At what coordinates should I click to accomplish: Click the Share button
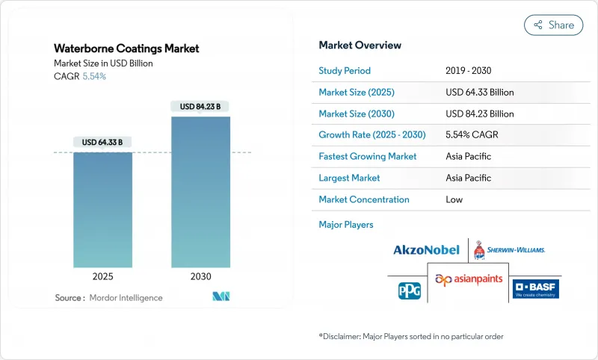[553, 25]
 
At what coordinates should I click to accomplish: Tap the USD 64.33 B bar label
[102, 142]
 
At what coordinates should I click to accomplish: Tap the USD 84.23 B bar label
[200, 107]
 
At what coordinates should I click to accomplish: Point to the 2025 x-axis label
[102, 276]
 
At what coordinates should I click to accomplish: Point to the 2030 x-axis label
[200, 276]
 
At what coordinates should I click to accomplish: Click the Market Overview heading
[360, 46]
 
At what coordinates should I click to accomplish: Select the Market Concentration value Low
[454, 199]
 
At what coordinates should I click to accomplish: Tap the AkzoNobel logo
[426, 249]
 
